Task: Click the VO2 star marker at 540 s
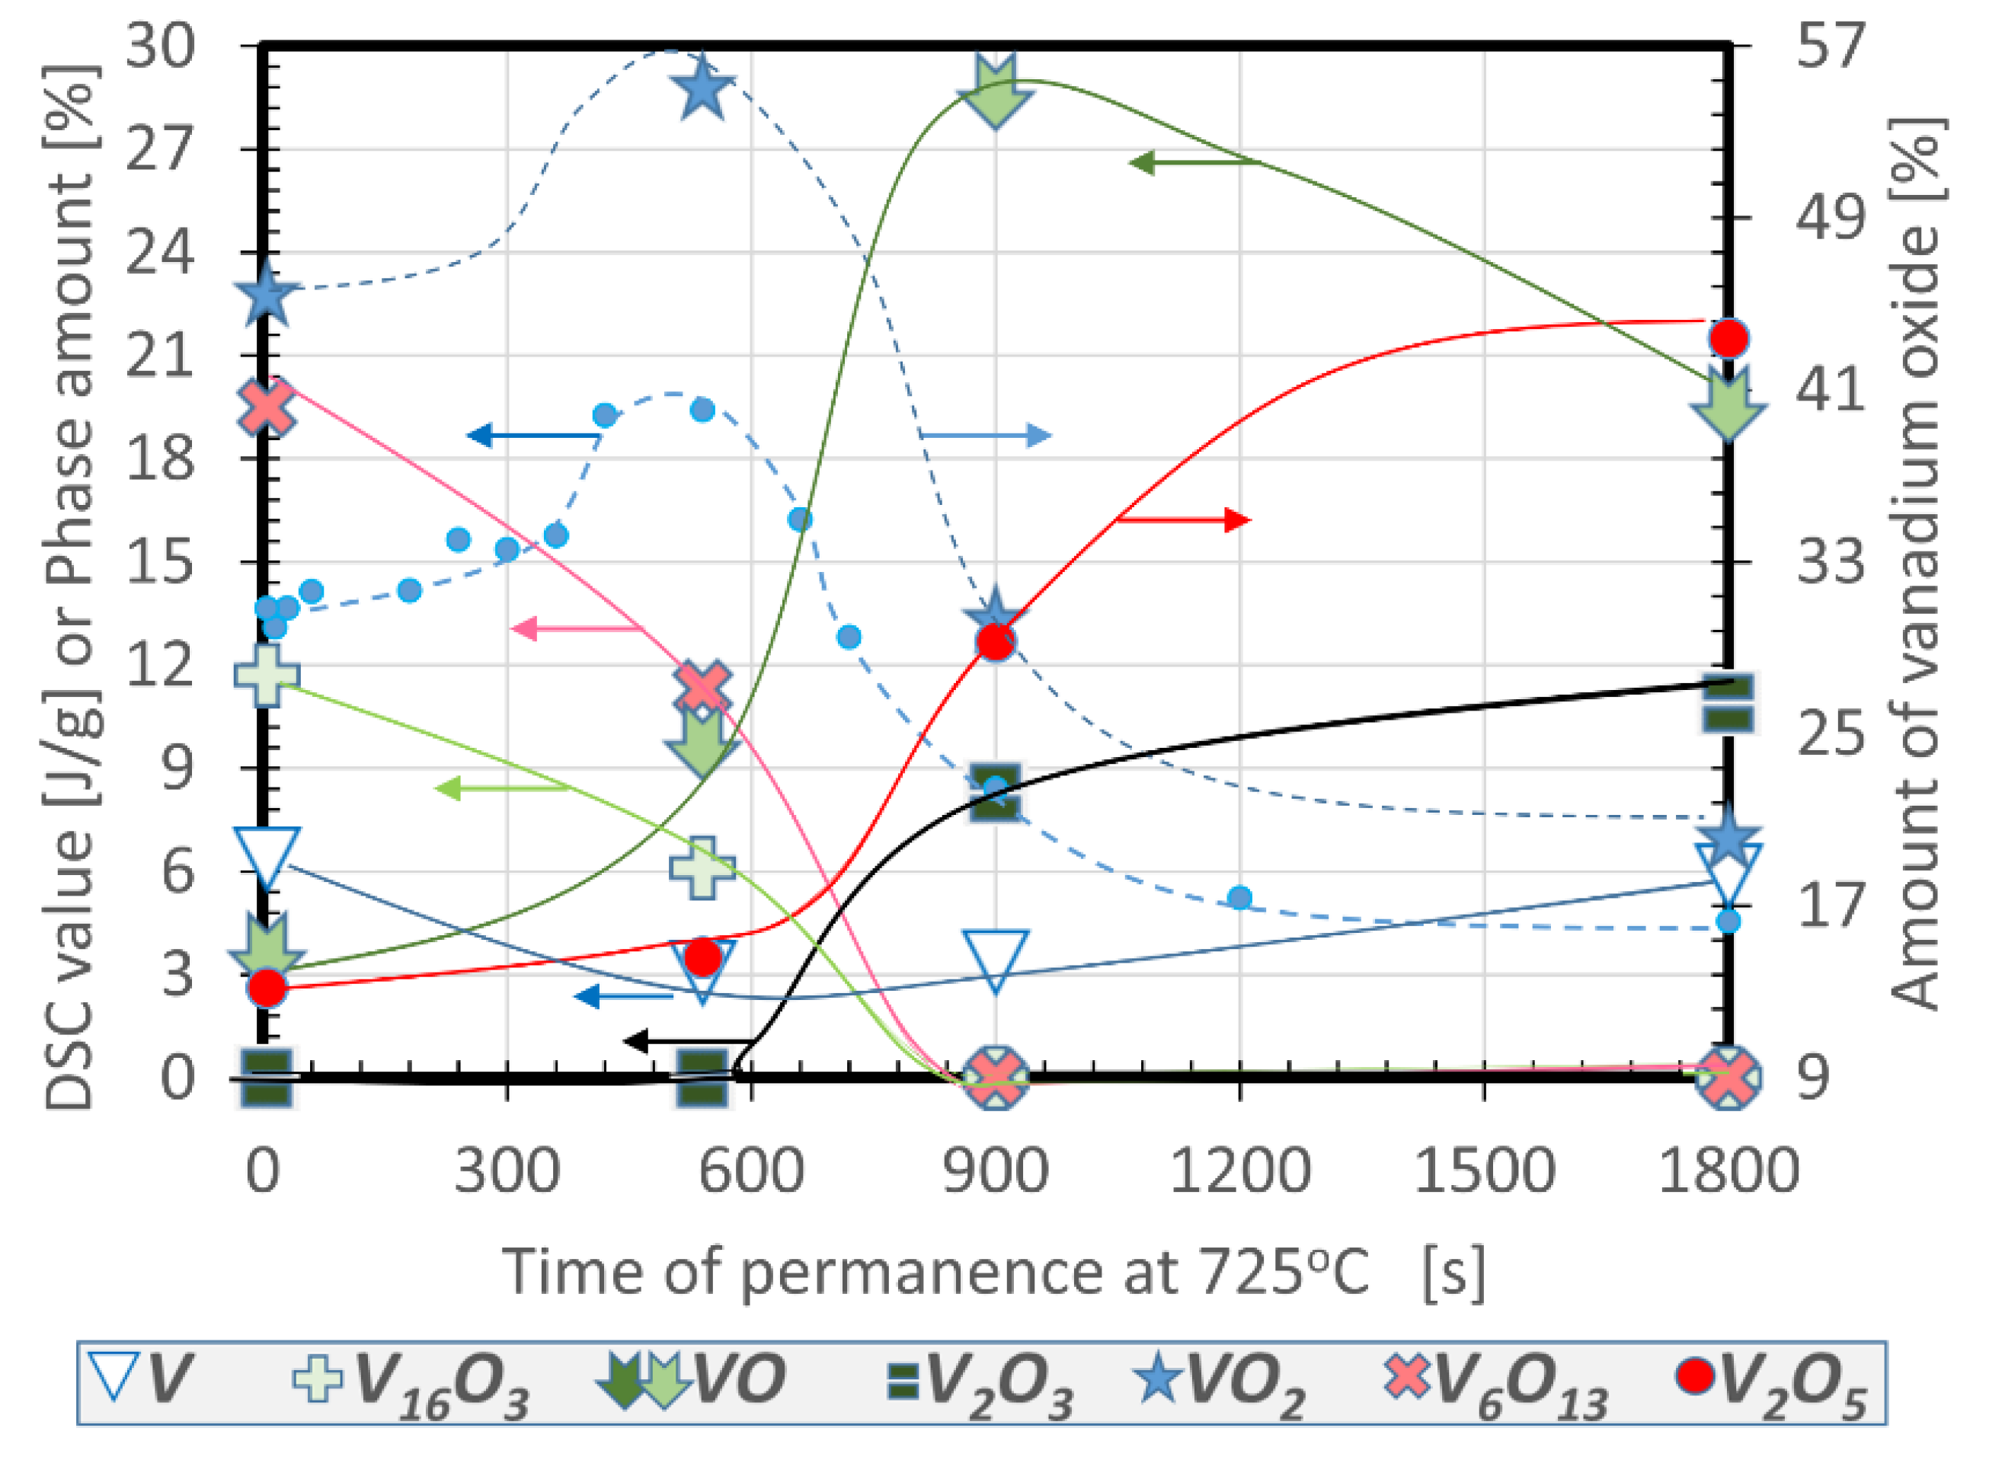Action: tap(702, 88)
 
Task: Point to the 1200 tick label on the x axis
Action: tap(1239, 1171)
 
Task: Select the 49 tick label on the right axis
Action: tap(1830, 217)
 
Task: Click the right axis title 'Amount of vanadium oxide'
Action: tap(1918, 566)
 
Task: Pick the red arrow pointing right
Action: tap(1184, 520)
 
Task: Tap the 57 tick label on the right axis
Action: tap(1830, 46)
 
